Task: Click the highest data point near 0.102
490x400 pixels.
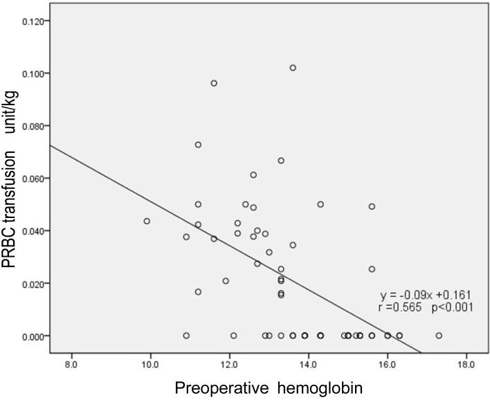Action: point(293,68)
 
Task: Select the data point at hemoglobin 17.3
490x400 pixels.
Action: point(439,336)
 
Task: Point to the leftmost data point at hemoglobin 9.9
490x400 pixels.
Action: point(147,221)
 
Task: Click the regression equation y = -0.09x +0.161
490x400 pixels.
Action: point(426,294)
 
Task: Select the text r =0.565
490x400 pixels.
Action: point(401,307)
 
